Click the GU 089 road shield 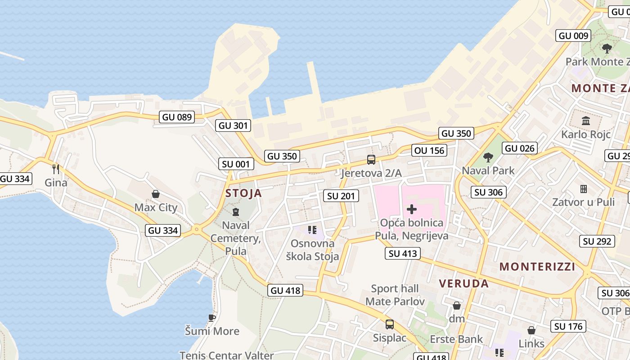point(177,117)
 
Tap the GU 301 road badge point(233,126)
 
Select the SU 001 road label point(236,164)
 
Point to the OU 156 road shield point(430,150)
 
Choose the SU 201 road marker point(341,196)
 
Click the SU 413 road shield point(403,253)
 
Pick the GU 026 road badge point(520,148)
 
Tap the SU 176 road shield point(568,326)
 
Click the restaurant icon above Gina point(56,169)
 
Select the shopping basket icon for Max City point(156,194)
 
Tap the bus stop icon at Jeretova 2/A point(371,159)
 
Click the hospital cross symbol point(412,209)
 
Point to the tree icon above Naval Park point(488,157)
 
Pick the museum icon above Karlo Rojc point(586,121)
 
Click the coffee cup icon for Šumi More point(212,318)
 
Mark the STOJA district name point(243,193)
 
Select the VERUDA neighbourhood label point(464,283)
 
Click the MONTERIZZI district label point(537,266)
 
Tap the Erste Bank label point(456,339)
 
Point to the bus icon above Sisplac point(390,324)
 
